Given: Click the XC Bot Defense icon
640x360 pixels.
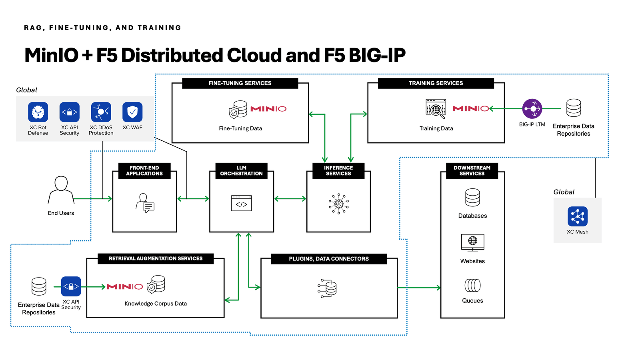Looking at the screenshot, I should [x=38, y=112].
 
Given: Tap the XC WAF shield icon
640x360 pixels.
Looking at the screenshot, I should [x=132, y=112].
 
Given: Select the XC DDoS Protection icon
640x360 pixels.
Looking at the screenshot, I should [x=101, y=112].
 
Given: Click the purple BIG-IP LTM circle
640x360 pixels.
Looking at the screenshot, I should [x=532, y=109].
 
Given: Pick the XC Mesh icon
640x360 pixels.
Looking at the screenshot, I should [x=577, y=216].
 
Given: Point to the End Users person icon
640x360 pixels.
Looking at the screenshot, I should [x=61, y=190].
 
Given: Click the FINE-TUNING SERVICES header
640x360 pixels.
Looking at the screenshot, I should [x=240, y=83].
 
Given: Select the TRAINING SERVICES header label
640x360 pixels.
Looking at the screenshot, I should [x=436, y=83].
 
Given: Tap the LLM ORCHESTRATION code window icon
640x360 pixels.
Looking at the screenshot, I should [x=241, y=203].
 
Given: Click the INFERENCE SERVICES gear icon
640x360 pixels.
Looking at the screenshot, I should [x=338, y=204].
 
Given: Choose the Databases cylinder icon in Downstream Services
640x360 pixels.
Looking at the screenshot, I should [x=472, y=198].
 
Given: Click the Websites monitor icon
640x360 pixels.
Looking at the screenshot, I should [x=472, y=242].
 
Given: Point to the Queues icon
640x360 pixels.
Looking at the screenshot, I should [x=472, y=285].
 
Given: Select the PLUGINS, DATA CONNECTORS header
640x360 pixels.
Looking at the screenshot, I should [x=329, y=259].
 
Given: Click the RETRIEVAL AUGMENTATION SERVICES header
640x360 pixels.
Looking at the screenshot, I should [x=156, y=258].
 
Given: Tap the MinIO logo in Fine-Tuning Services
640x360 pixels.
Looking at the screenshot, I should [x=268, y=109].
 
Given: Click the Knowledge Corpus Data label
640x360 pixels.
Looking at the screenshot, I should [x=156, y=304].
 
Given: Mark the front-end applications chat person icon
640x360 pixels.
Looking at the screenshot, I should [x=145, y=203].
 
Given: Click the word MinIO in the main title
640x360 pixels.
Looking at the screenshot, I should [x=52, y=55].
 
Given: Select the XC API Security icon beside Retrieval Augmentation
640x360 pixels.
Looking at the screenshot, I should [x=71, y=286].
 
